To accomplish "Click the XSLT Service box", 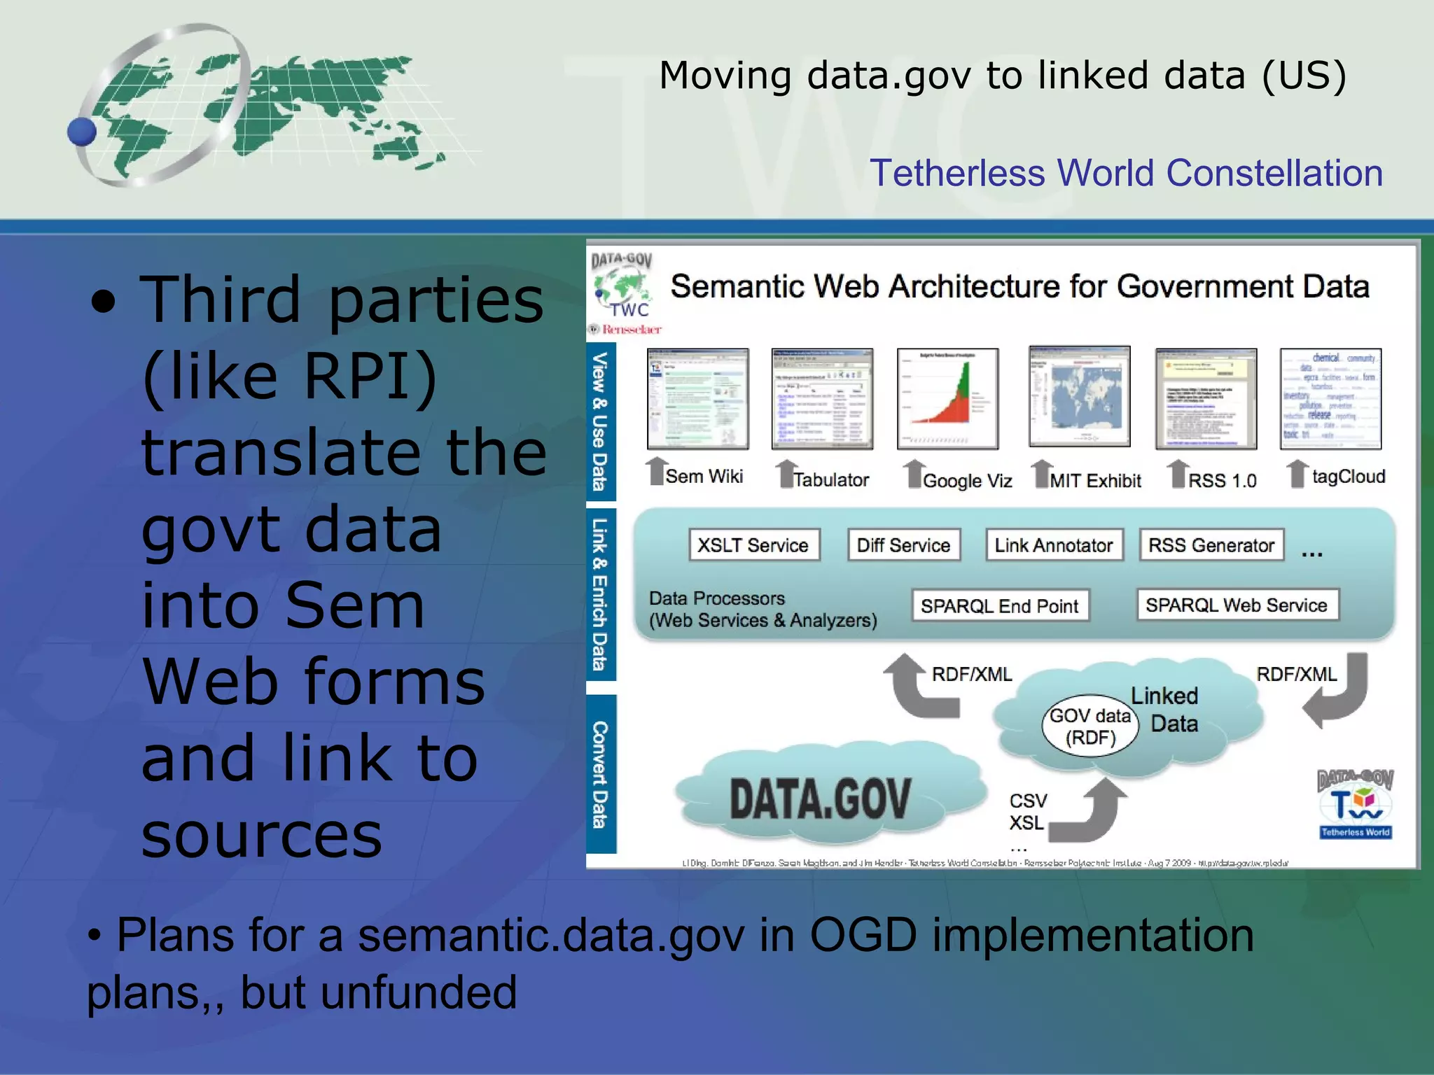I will pyautogui.click(x=753, y=545).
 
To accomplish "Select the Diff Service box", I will pyautogui.click(x=903, y=545).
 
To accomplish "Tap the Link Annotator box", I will pyautogui.click(x=1054, y=545).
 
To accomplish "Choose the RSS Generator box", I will pyautogui.click(x=1211, y=545).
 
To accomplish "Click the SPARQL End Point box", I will pyautogui.click(x=1000, y=606).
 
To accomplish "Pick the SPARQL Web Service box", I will pyautogui.click(x=1237, y=605).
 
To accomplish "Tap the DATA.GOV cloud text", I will pyautogui.click(x=820, y=799).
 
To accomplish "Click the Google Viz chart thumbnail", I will pyautogui.click(x=947, y=398).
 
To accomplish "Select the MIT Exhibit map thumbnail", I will pyautogui.click(x=1079, y=397).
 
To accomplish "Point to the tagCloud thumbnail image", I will pyautogui.click(x=1330, y=398).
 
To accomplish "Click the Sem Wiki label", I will pyautogui.click(x=704, y=477).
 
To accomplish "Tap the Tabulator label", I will pyautogui.click(x=831, y=480).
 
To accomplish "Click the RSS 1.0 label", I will pyautogui.click(x=1223, y=481).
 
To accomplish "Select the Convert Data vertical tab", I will pyautogui.click(x=600, y=774).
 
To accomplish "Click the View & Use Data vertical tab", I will pyautogui.click(x=600, y=421).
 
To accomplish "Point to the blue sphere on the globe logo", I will pyautogui.click(x=82, y=132).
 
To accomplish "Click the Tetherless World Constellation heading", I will pyautogui.click(x=1126, y=173).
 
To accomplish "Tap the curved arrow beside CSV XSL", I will pyautogui.click(x=1090, y=812).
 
